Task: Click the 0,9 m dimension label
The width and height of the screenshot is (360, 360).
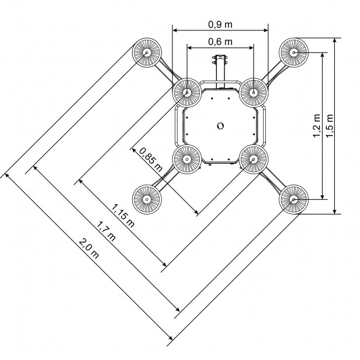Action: coord(220,25)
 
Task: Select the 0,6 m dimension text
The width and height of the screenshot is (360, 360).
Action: coord(220,42)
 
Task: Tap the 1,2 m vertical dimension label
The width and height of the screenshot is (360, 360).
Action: coord(317,126)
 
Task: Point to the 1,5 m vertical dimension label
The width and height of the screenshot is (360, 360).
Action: coord(330,126)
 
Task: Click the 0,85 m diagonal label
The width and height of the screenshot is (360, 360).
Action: coord(151,160)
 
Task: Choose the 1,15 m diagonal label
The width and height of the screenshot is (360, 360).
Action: coord(123,215)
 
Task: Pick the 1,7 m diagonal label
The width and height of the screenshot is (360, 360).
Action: coord(105,231)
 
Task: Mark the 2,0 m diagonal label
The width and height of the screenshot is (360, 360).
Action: coord(89,248)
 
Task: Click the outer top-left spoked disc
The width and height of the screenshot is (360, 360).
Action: coord(147,53)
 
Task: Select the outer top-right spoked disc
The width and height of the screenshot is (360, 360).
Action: coord(293,53)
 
